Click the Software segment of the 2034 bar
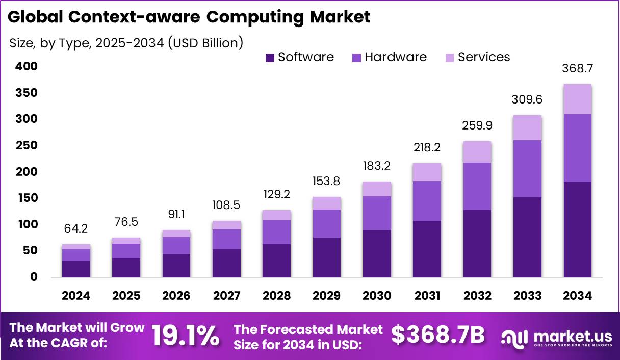coord(578,229)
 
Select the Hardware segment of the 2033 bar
coord(528,169)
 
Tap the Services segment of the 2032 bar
coord(477,152)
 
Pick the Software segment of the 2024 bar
coord(76,269)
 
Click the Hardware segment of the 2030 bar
coord(377,213)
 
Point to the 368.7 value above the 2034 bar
coord(578,68)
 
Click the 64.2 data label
coord(76,229)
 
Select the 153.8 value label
coord(327,182)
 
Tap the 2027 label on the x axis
coord(227,296)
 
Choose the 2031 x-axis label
coord(427,296)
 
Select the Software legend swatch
coord(270,58)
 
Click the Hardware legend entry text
coord(395,57)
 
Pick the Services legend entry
coord(483,57)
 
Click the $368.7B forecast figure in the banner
coord(438,335)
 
